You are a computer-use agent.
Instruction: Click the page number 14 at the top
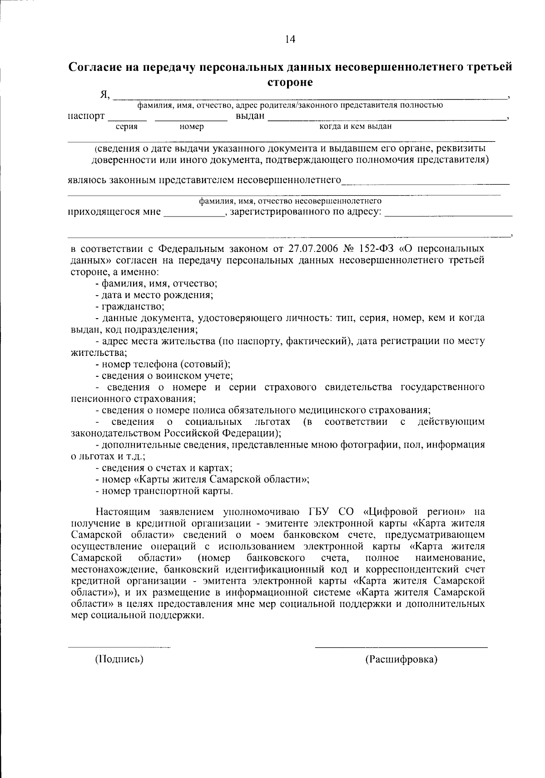tap(290, 39)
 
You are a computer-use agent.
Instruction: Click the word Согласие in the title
tap(100, 68)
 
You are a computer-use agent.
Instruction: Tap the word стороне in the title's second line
tap(290, 83)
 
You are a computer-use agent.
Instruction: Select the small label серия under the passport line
tap(127, 127)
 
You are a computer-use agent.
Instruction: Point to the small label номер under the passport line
tap(192, 127)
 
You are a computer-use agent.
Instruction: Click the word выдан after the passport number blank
tap(250, 116)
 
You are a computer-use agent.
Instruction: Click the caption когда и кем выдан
tap(356, 126)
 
